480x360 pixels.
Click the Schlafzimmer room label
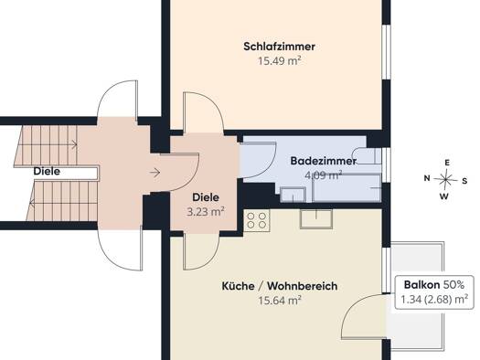pyautogui.click(x=279, y=47)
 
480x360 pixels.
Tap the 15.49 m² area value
pyautogui.click(x=279, y=61)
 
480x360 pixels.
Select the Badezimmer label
pyautogui.click(x=324, y=161)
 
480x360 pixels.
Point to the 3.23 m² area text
pyautogui.click(x=206, y=212)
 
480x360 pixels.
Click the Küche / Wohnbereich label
pyautogui.click(x=280, y=286)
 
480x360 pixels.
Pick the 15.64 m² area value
pyautogui.click(x=280, y=301)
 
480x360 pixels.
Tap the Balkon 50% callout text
pyautogui.click(x=434, y=285)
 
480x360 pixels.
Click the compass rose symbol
pyautogui.click(x=446, y=179)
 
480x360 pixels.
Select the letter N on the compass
pyautogui.click(x=427, y=178)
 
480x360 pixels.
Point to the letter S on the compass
pyautogui.click(x=464, y=181)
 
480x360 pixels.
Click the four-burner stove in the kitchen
pyautogui.click(x=257, y=220)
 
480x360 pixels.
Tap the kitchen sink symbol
pyautogui.click(x=316, y=218)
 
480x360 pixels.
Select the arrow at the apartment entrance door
pyautogui.click(x=155, y=173)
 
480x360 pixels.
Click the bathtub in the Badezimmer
pyautogui.click(x=347, y=187)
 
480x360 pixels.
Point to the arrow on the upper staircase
pyautogui.click(x=73, y=143)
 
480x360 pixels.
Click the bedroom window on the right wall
pyautogui.click(x=387, y=53)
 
